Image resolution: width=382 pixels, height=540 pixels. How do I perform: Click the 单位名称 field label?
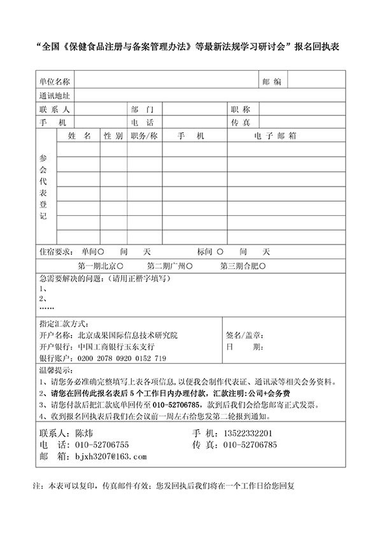54,82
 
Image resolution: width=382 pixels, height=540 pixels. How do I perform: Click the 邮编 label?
271,82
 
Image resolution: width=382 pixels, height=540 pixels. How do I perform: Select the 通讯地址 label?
54,96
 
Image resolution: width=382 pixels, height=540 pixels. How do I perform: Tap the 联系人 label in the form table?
54,110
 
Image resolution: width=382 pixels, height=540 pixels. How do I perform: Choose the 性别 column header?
113,136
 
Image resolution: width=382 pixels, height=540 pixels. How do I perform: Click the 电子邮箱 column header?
276,136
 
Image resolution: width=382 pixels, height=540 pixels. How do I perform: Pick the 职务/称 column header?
144,136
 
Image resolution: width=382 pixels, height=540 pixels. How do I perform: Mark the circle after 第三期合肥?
262,266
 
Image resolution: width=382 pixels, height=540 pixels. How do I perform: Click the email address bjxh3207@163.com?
111,457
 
